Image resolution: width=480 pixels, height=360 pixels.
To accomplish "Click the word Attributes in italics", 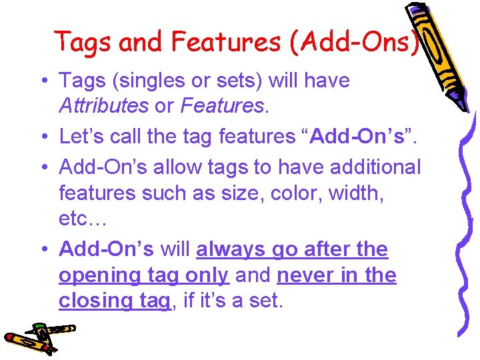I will click(103, 106).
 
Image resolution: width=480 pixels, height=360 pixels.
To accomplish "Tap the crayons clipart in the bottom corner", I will click(37, 337).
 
